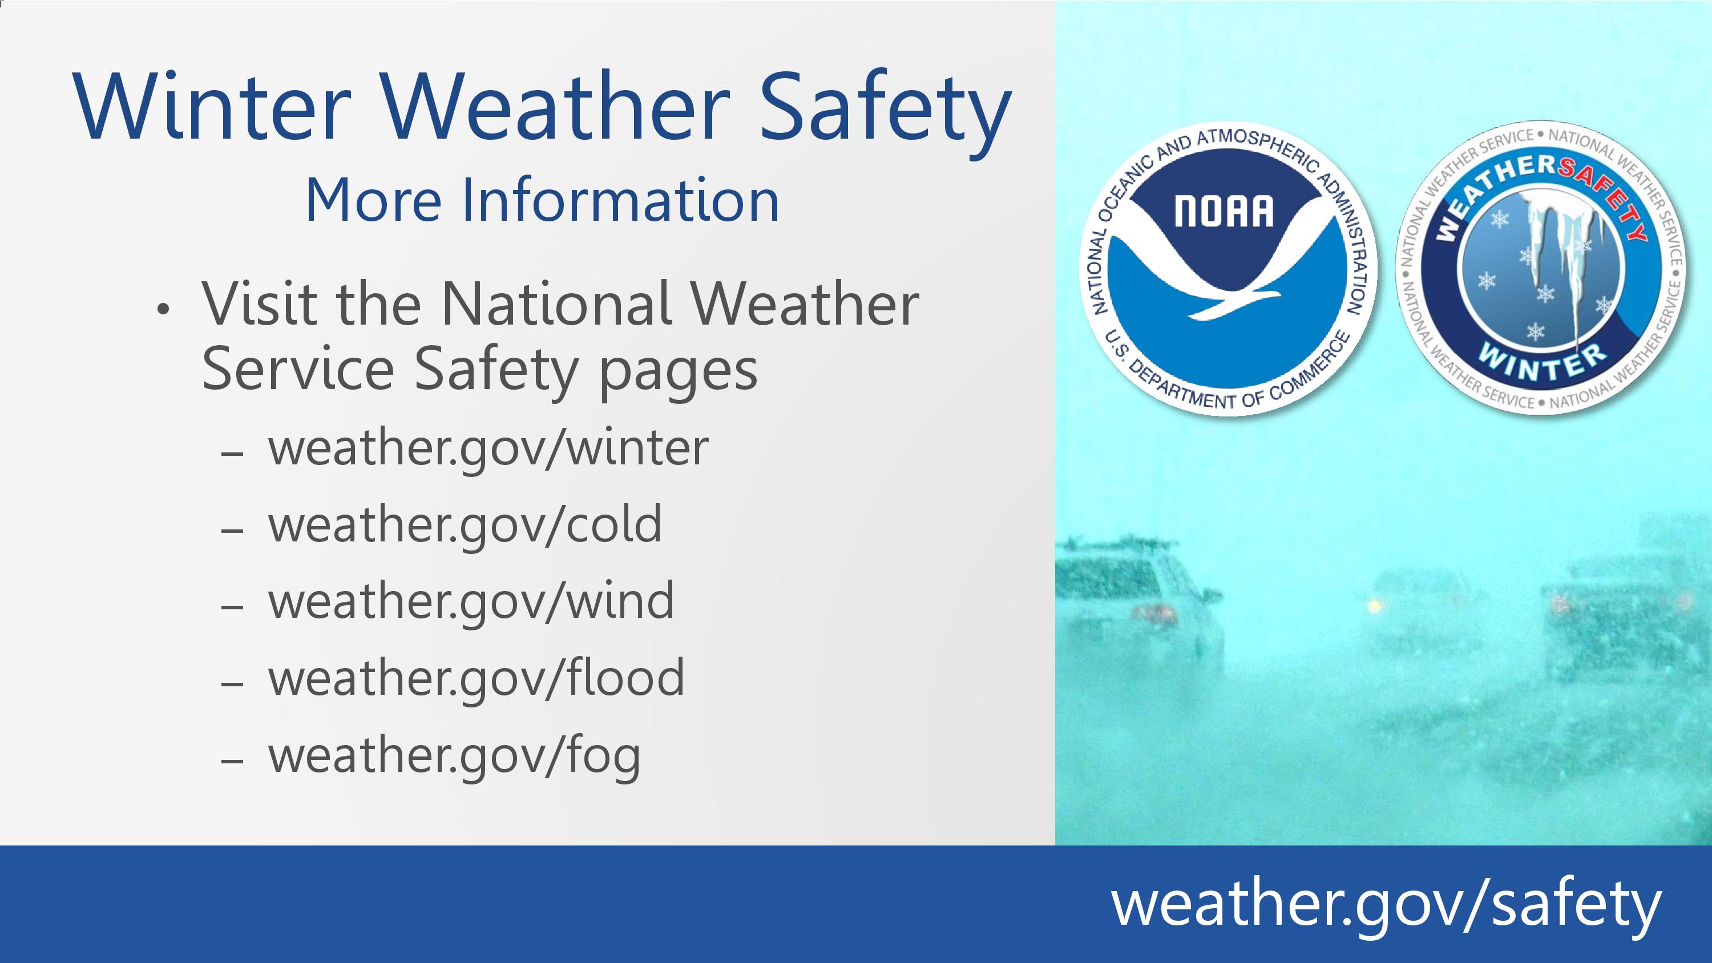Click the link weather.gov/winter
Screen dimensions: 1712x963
pos(488,448)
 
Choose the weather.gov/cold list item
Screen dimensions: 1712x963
pos(465,525)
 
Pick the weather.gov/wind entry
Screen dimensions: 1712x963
pos(471,601)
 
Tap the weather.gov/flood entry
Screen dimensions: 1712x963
pos(476,678)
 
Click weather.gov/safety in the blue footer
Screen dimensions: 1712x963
pos(1386,906)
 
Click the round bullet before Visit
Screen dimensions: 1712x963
pos(163,309)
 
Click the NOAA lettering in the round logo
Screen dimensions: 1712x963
pos(1224,211)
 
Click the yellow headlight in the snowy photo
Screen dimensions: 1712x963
pos(1374,605)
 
